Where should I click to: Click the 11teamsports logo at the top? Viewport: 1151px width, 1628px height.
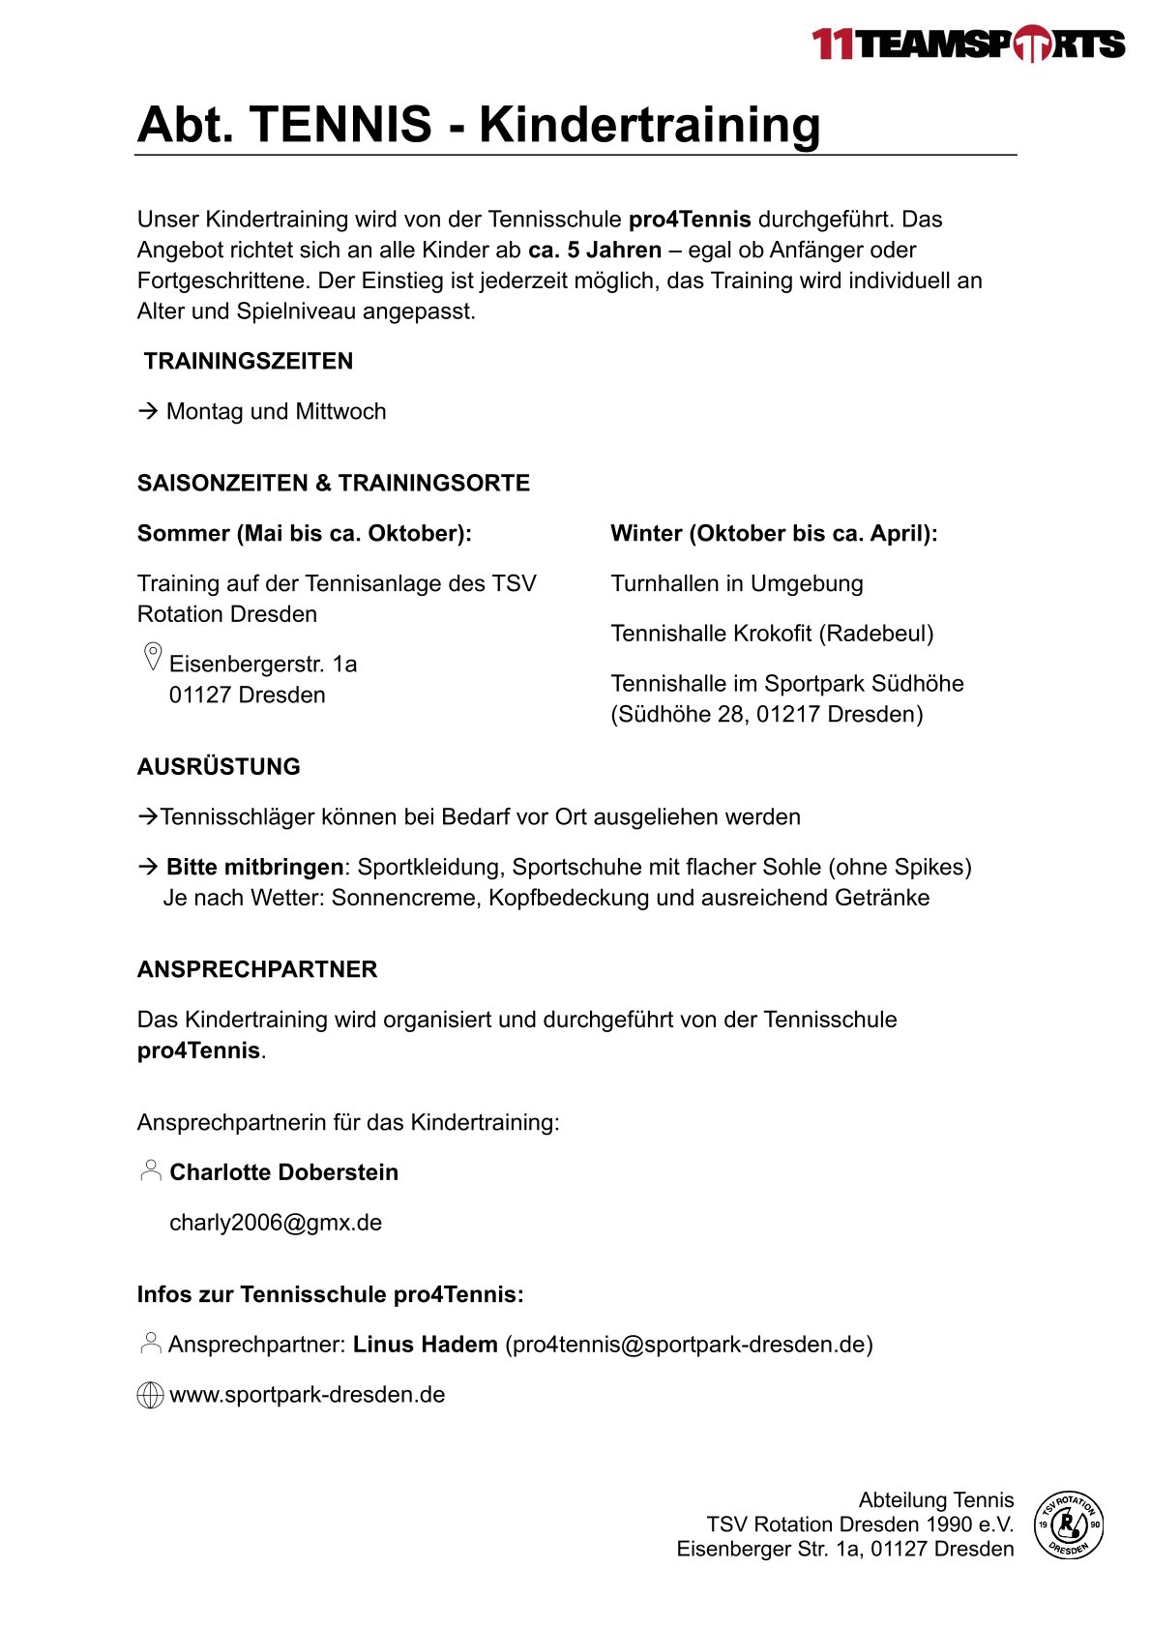tap(967, 44)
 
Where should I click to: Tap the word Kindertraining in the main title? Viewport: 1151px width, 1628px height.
tap(649, 125)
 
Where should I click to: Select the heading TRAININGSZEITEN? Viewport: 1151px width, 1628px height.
tap(249, 362)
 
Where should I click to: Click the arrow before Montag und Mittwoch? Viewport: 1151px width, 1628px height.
tap(148, 411)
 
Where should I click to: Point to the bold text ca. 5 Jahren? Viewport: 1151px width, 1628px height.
tap(595, 251)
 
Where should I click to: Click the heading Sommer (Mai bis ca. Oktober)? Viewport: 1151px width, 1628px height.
tap(304, 534)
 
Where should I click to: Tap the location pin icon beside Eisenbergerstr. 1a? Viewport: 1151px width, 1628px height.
tap(152, 657)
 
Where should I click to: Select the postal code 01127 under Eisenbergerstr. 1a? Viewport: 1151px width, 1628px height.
tap(200, 696)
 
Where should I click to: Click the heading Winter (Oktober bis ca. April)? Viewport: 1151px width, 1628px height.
tap(774, 534)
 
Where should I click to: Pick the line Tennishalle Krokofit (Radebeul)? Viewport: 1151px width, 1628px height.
tap(772, 635)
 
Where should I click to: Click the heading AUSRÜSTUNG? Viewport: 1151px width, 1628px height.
tap(219, 767)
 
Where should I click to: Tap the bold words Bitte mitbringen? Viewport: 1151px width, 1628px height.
tap(254, 868)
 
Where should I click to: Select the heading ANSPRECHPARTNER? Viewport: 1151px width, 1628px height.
tap(257, 970)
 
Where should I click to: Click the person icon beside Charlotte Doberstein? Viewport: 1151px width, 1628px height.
tap(151, 1170)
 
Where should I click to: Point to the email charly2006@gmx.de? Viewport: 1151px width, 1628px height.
tap(276, 1223)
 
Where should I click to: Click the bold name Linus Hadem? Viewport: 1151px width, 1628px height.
tap(425, 1345)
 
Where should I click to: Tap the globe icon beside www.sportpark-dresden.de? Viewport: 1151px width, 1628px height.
tap(150, 1396)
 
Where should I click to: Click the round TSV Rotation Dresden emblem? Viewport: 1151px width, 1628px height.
tap(1068, 1524)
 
